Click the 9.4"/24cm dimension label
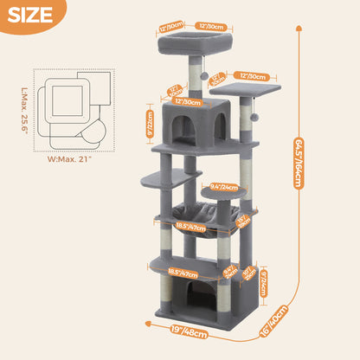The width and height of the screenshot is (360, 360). click(x=224, y=185)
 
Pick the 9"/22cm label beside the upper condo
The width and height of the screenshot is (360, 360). click(x=150, y=124)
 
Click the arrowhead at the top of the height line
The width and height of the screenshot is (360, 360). click(x=300, y=27)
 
